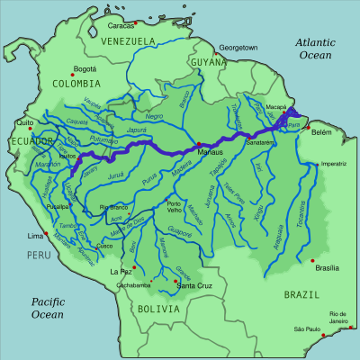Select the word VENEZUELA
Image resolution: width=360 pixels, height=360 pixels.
(x=129, y=41)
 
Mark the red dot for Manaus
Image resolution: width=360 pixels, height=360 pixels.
(x=197, y=145)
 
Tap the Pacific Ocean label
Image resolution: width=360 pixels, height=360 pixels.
(x=45, y=308)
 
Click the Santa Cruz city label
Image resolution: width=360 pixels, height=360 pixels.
(x=193, y=285)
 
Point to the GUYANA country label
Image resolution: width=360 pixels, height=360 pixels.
(x=209, y=61)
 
